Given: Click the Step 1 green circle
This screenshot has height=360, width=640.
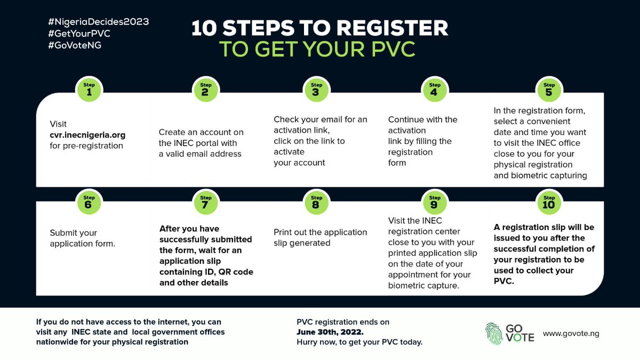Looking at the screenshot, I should [x=90, y=89].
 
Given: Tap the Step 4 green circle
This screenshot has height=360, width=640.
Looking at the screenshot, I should [x=435, y=89].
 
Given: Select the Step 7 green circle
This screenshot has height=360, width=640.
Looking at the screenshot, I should [x=205, y=202].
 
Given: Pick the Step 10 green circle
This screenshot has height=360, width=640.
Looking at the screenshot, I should [x=548, y=202].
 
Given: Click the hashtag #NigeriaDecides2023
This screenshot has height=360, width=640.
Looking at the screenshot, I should [x=98, y=22].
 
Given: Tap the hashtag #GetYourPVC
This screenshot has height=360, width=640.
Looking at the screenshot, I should [x=79, y=34].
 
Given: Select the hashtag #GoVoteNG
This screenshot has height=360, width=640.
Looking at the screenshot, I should [x=75, y=45].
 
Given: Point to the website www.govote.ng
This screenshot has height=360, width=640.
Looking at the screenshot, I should [x=571, y=333].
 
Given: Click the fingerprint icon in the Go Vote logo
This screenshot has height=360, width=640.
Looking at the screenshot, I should [x=494, y=333].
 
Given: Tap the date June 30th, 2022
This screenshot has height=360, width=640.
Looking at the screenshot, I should [x=330, y=332].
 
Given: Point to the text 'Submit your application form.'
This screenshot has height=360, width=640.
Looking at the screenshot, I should [x=83, y=238].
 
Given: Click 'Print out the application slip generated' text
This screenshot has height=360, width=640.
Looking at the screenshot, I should [x=320, y=237].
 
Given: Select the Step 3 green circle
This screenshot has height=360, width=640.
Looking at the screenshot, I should [x=316, y=89].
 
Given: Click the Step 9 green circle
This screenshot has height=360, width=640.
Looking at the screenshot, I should [x=435, y=202].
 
